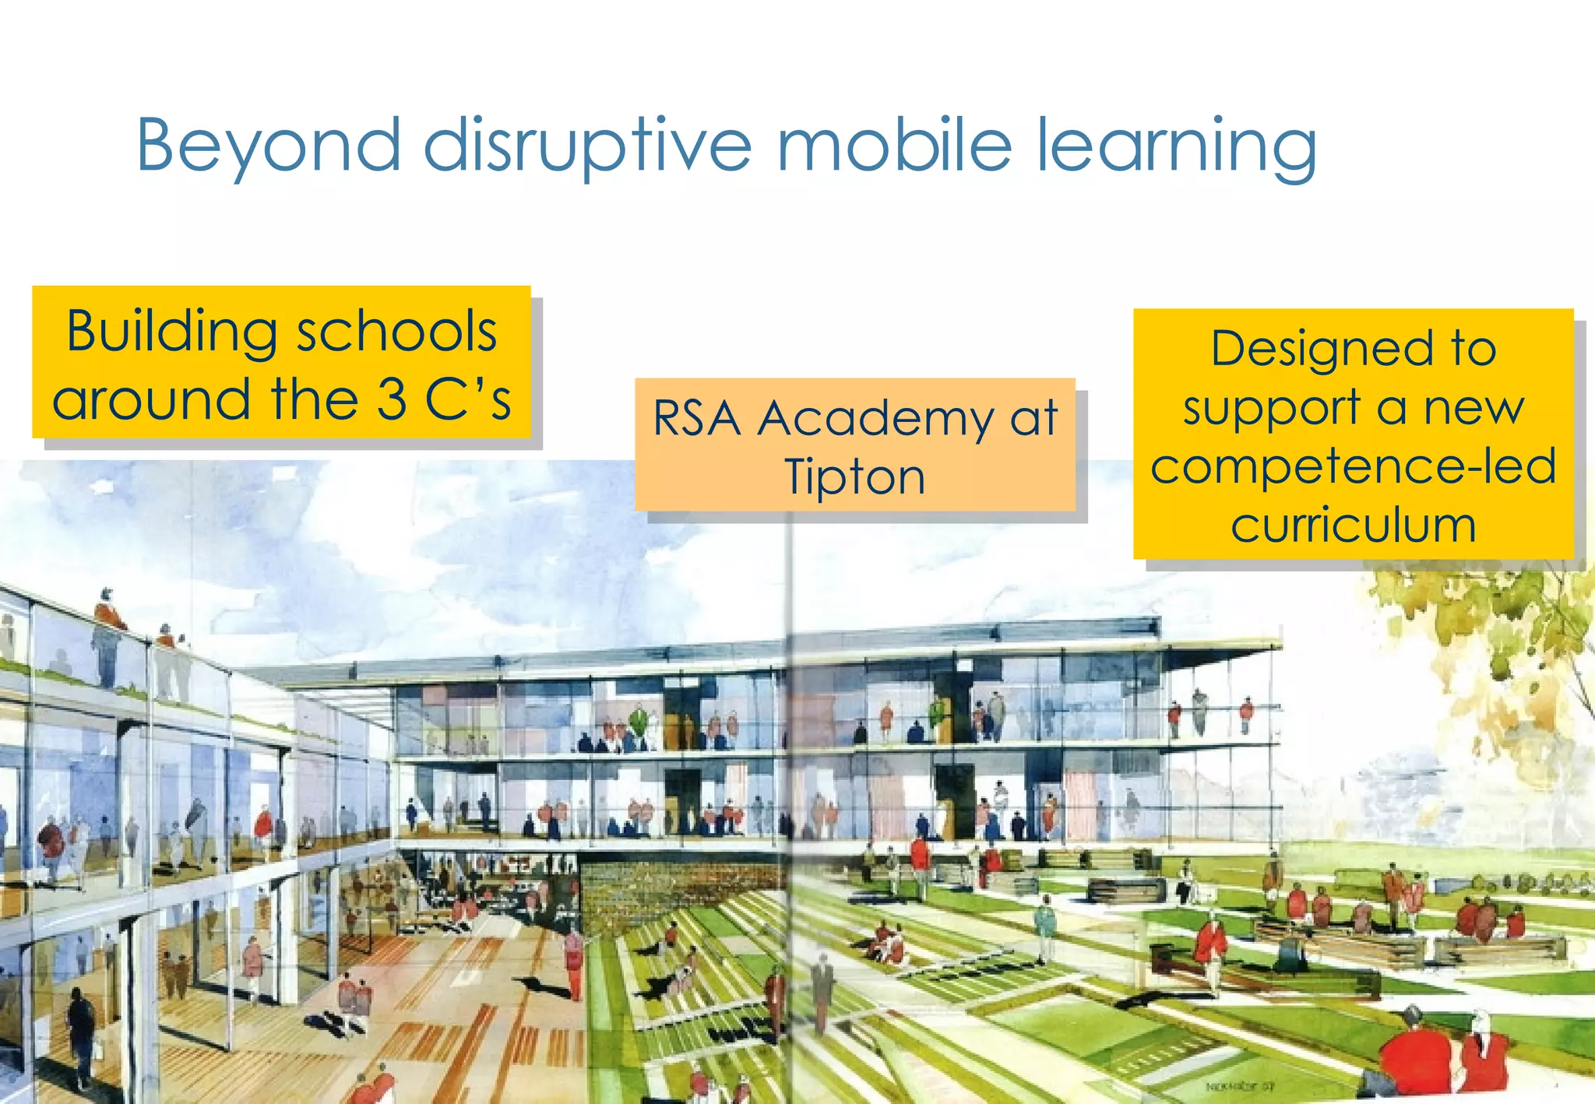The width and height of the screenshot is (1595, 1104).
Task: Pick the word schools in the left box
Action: click(397, 332)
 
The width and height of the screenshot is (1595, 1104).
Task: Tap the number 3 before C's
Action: click(392, 399)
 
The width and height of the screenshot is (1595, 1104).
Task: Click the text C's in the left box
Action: click(467, 399)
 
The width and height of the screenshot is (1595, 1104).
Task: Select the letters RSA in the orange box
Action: click(696, 418)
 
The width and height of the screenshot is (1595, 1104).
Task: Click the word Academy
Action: click(875, 418)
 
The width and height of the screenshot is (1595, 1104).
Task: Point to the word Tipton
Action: click(854, 476)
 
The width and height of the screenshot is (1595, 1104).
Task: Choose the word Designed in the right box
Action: click(1322, 348)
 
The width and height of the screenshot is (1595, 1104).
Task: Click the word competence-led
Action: click(1354, 466)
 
